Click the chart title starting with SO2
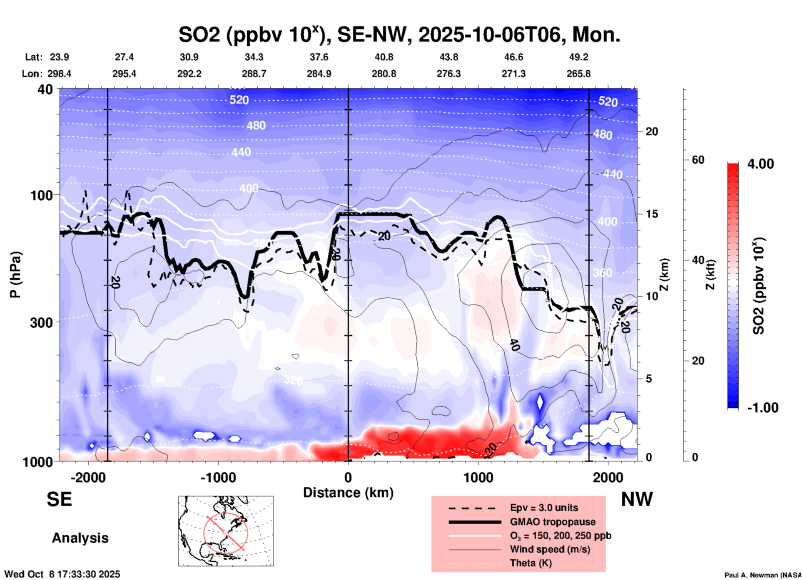tap(399, 35)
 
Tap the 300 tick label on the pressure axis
tap(41, 322)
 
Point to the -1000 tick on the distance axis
tap(218, 478)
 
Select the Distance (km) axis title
tap(348, 493)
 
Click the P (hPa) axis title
tap(15, 275)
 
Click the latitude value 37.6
tap(319, 57)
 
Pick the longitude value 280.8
tap(384, 74)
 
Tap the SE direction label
tap(59, 499)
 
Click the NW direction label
tap(637, 499)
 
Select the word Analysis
tap(80, 538)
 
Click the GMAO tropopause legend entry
tap(553, 522)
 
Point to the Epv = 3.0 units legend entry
tap(544, 508)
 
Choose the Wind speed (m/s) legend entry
tap(550, 549)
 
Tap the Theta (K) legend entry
tap(531, 563)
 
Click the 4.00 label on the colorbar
tap(760, 164)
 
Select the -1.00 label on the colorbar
tap(762, 408)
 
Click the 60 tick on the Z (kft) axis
tap(698, 160)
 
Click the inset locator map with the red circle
tap(226, 531)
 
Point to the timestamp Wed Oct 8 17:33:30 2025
tap(62, 574)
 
